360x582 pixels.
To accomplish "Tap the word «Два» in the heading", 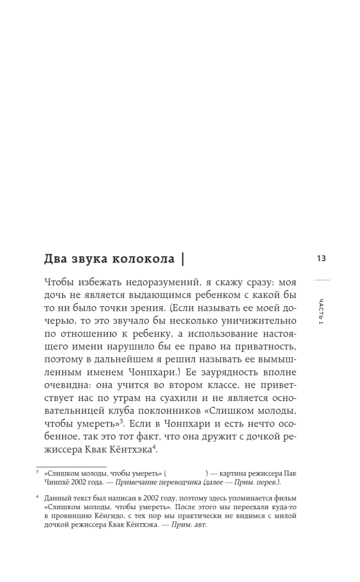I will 56,258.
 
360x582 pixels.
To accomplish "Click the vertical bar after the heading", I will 184,258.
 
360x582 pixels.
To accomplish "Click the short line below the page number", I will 322,281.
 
